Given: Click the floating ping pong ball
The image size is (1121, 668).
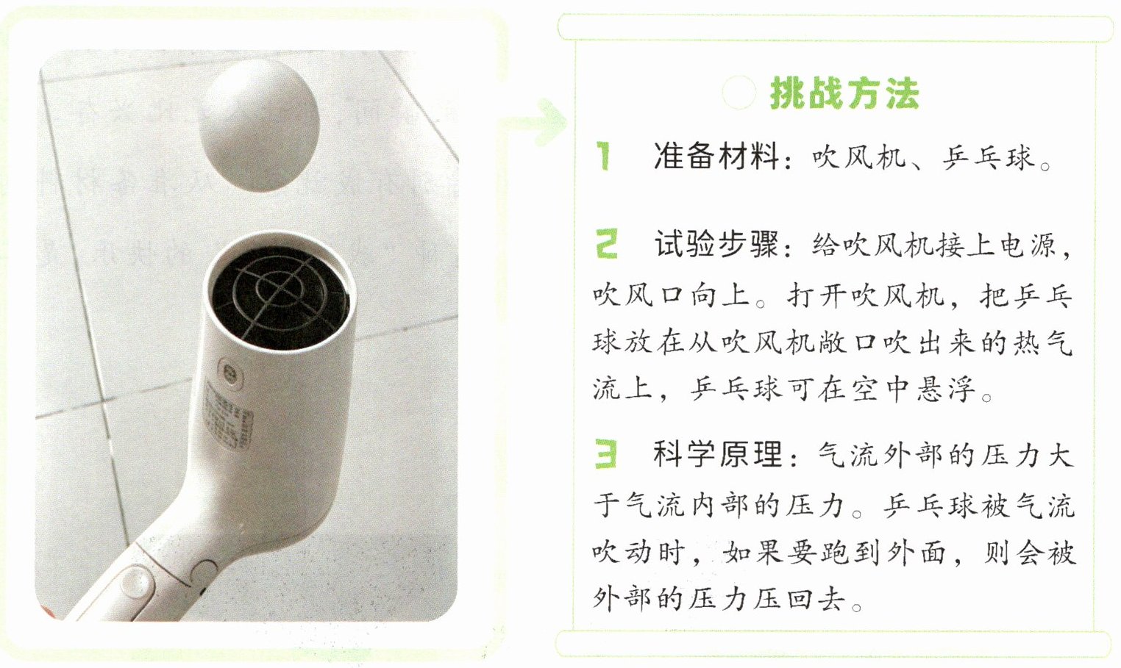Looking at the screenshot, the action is pyautogui.click(x=259, y=125).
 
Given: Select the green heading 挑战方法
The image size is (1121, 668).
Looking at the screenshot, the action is pyautogui.click(x=844, y=93).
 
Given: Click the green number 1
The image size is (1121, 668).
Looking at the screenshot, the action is pyautogui.click(x=604, y=156).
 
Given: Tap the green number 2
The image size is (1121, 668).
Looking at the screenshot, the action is pyautogui.click(x=607, y=243).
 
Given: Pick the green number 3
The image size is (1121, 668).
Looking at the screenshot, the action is pyautogui.click(x=606, y=453).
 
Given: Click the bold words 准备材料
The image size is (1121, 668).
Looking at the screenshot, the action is pyautogui.click(x=716, y=156).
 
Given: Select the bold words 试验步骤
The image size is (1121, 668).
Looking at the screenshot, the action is pyautogui.click(x=716, y=244).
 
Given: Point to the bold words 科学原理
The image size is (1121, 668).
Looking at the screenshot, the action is pyautogui.click(x=716, y=454).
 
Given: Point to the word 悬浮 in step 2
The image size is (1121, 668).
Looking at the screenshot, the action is pyautogui.click(x=946, y=388).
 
